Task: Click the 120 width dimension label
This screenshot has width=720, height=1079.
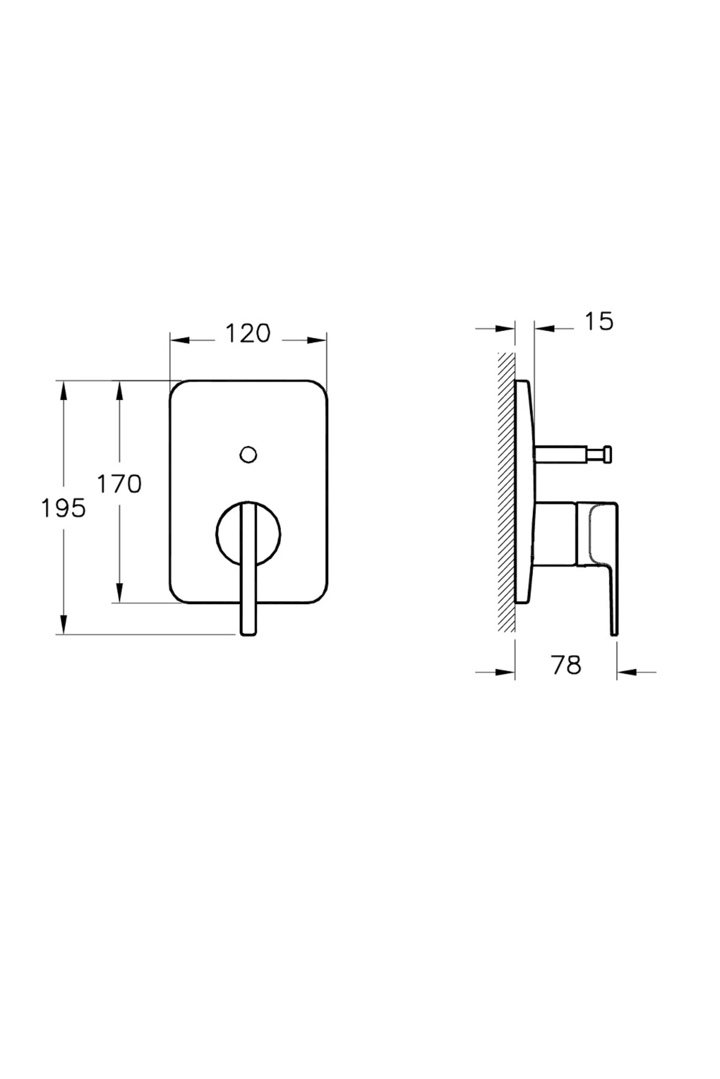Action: [x=248, y=333]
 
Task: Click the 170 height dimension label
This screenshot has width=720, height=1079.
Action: [x=119, y=483]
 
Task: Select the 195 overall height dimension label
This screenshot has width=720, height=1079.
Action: [x=63, y=508]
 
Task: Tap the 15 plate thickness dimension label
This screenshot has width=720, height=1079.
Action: [x=598, y=322]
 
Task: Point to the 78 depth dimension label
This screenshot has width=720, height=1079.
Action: [x=566, y=665]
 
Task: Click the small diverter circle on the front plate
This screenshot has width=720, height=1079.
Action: [x=248, y=454]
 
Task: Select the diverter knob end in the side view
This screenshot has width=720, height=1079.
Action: [x=607, y=454]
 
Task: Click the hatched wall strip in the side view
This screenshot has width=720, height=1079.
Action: [x=506, y=492]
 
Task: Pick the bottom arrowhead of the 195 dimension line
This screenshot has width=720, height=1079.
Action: [x=63, y=626]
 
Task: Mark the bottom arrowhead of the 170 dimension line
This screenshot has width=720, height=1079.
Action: [x=119, y=595]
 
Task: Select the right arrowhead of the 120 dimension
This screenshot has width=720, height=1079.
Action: [x=318, y=340]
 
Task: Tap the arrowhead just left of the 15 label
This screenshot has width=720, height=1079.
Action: [x=542, y=328]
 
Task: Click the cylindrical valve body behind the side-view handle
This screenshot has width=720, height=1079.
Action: [x=555, y=534]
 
